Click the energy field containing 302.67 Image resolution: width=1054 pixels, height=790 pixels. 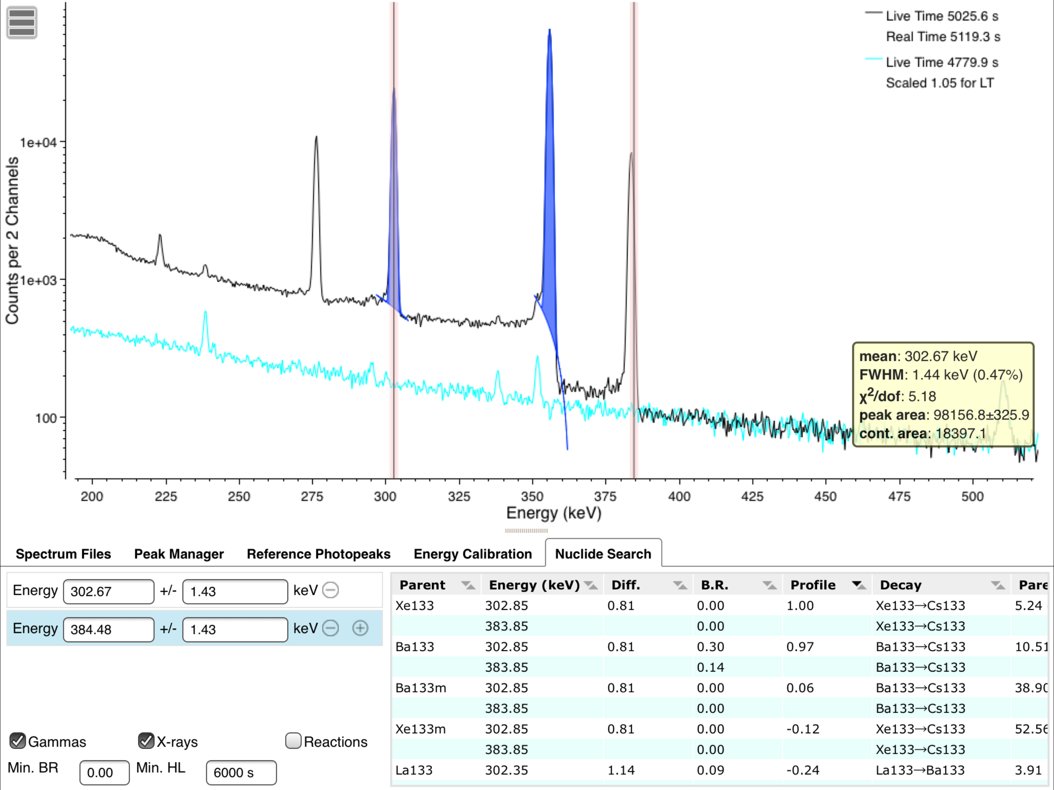click(109, 591)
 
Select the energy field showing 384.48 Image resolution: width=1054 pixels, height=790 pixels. click(109, 630)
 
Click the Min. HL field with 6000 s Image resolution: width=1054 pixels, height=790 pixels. click(241, 772)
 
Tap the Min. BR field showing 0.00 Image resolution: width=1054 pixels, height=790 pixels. click(104, 772)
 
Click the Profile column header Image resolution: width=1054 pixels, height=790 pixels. click(813, 585)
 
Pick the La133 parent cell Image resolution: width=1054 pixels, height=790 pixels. click(414, 770)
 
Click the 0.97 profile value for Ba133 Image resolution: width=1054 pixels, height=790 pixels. click(800, 647)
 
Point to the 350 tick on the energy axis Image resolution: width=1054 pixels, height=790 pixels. click(532, 496)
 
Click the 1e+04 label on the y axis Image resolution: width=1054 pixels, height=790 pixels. click(38, 142)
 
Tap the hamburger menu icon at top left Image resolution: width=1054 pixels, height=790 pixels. click(22, 22)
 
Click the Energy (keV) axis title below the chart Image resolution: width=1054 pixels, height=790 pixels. click(554, 513)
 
